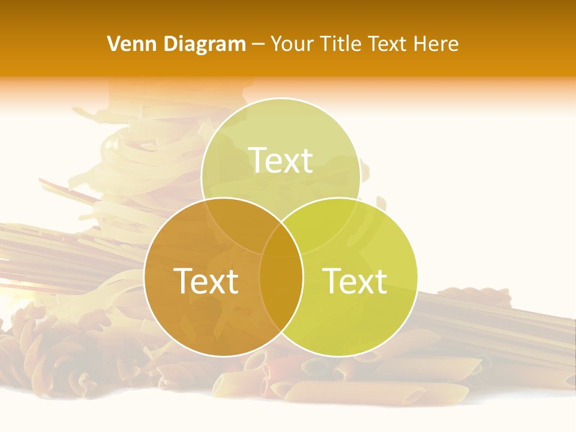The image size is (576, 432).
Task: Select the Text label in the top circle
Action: point(281,160)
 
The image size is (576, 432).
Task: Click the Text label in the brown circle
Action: point(206,281)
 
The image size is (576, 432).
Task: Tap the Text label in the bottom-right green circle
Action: point(355,281)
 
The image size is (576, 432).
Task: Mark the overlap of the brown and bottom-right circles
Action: point(281,288)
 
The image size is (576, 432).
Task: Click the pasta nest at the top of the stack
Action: point(138,150)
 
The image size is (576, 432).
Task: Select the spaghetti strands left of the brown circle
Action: point(60,252)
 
